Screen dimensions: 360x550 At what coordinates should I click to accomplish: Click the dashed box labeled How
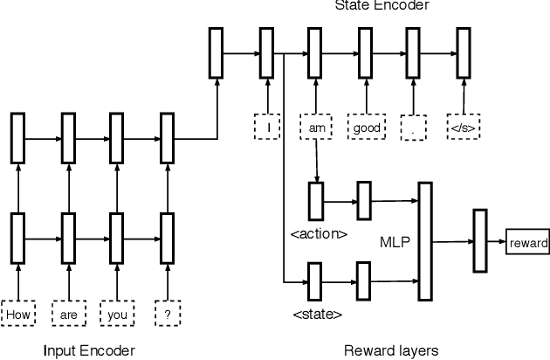[x=17, y=312]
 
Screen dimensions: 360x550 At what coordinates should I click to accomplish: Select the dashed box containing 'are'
[x=65, y=312]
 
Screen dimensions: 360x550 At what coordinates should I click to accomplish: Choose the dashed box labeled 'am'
[x=314, y=127]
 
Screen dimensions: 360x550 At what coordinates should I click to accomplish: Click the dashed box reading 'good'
[x=363, y=127]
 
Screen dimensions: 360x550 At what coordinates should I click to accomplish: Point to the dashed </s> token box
[x=463, y=127]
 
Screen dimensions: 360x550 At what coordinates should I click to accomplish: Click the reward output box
[x=527, y=243]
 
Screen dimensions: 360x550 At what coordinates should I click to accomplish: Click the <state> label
[x=315, y=312]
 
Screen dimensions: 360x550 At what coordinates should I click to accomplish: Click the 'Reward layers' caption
[x=391, y=350]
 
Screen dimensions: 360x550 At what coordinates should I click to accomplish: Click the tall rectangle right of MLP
[x=426, y=239]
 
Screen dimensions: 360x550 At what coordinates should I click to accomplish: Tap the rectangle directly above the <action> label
[x=315, y=202]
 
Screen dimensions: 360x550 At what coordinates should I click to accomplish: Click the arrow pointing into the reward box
[x=496, y=243]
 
